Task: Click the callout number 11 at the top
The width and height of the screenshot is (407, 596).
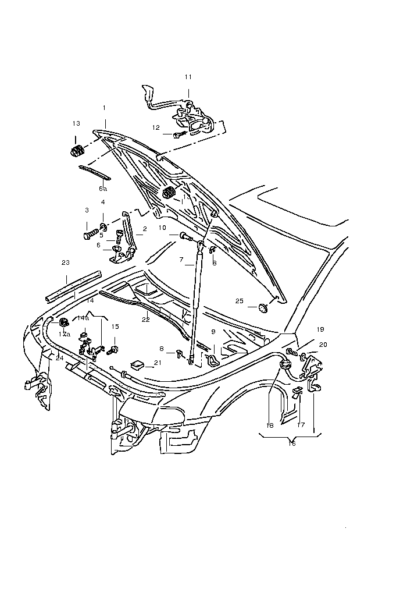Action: point(188,77)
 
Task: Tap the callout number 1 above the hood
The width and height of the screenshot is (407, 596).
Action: point(104,108)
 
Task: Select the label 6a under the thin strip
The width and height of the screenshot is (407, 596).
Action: point(102,189)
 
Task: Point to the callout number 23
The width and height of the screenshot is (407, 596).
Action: point(66,262)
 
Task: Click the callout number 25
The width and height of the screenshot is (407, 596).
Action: point(240,301)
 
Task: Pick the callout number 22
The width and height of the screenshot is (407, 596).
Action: point(145,319)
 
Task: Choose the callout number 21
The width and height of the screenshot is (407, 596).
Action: point(157,363)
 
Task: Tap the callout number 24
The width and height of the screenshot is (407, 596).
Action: point(59,358)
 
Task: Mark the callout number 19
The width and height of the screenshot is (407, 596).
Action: point(320,329)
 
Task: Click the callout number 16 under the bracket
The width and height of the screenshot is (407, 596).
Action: point(291,444)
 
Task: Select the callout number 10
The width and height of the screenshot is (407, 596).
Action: point(162,228)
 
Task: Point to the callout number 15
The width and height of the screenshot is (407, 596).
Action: point(115,327)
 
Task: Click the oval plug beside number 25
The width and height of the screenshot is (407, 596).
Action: point(263,306)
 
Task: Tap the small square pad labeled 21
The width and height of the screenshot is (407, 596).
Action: point(138,365)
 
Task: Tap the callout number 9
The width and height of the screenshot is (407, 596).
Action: point(213,332)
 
